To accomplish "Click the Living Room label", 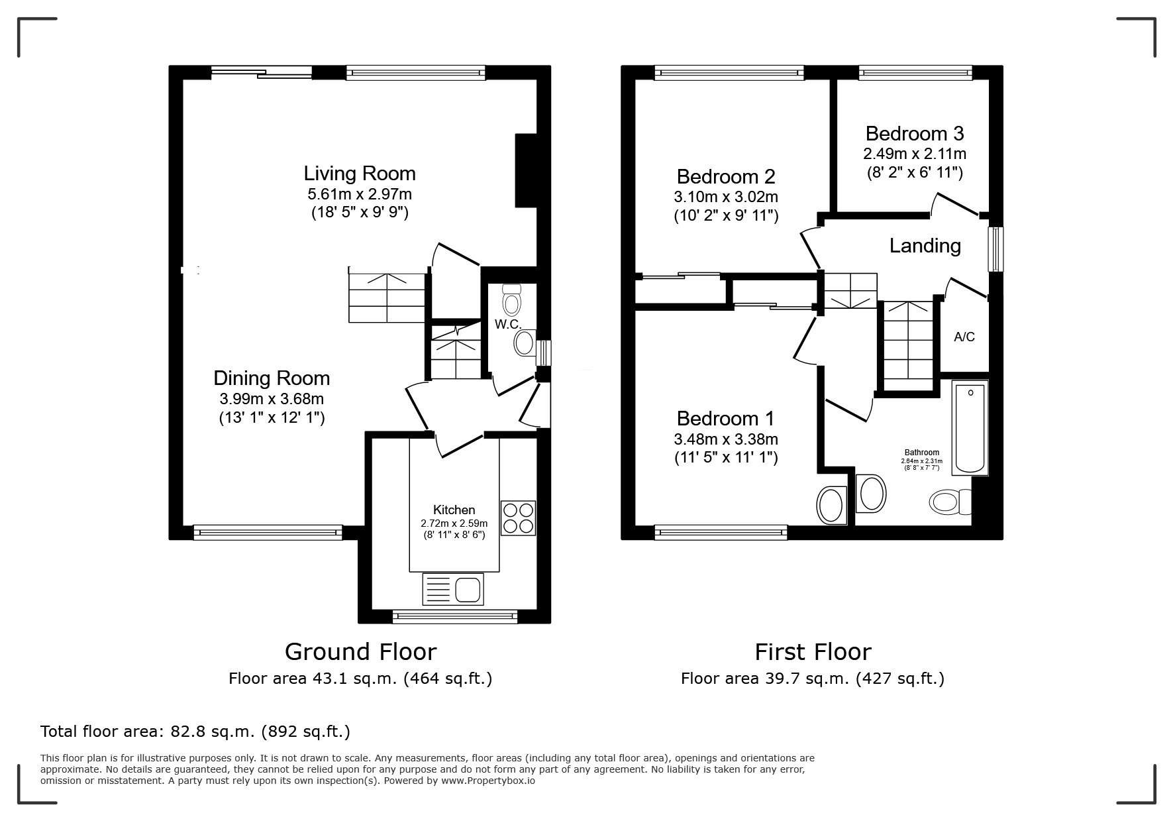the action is (360, 174).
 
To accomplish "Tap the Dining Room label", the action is (272, 378).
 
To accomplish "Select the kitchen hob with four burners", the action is (518, 518).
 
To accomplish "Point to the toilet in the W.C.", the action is (511, 300).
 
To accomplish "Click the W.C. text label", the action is (509, 325).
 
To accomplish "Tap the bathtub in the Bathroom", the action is (970, 427).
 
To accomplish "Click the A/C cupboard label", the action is (964, 337).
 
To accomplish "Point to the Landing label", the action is (925, 246).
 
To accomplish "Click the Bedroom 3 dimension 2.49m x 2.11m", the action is (914, 154).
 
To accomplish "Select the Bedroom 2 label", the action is (726, 177).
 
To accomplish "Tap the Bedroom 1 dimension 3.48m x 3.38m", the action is (726, 439).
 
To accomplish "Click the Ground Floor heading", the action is (360, 652).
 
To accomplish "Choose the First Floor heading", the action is (813, 652).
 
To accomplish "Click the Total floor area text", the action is (195, 732).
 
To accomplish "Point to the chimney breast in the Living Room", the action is (526, 171).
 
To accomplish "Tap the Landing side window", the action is (995, 249).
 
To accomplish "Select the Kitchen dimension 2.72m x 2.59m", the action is (454, 523).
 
